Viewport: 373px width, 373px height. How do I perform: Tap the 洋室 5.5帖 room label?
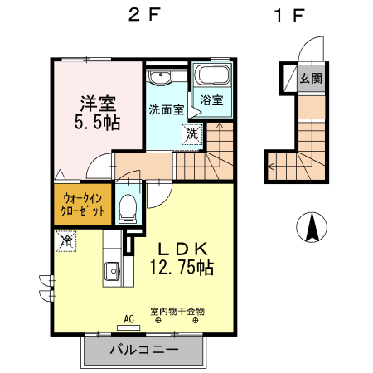point(99,112)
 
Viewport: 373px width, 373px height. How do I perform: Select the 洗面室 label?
point(167,109)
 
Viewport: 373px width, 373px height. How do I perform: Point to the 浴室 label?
point(211,101)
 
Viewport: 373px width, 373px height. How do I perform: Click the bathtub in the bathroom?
point(212,78)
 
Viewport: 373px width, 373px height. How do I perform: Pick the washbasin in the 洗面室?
point(160,77)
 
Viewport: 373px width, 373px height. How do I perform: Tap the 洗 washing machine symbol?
point(191,133)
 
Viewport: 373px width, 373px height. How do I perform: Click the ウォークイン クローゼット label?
point(84,204)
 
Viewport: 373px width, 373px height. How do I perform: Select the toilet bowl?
point(127,208)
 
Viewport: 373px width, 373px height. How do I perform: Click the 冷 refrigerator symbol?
point(65,242)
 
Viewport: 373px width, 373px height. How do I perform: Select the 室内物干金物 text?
point(177,312)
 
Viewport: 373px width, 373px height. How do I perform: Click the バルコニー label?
point(144,351)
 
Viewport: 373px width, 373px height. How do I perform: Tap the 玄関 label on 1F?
point(310,80)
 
